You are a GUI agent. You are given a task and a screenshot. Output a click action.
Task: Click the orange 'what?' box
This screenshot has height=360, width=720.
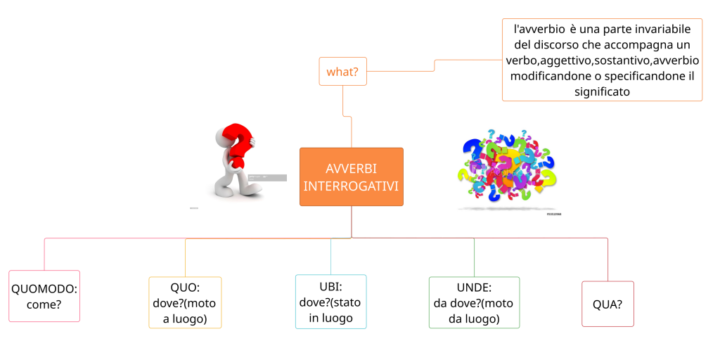(342, 71)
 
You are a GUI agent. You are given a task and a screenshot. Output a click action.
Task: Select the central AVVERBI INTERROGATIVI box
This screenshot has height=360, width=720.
(352, 176)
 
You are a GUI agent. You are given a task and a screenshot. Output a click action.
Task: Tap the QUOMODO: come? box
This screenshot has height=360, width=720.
(44, 296)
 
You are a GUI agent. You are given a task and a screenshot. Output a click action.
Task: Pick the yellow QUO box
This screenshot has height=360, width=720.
(185, 302)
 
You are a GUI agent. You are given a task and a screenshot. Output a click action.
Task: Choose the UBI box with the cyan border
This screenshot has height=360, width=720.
(330, 302)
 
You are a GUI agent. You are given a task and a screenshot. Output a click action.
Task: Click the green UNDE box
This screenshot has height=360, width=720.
(474, 302)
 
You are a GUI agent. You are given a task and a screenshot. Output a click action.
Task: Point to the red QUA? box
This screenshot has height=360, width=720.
(607, 304)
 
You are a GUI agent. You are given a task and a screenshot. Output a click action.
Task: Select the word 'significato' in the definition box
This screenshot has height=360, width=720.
(602, 91)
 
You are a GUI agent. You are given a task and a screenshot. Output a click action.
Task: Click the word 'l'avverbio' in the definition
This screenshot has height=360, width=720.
(539, 30)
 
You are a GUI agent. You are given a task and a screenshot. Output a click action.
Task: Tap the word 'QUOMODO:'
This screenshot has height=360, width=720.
(44, 288)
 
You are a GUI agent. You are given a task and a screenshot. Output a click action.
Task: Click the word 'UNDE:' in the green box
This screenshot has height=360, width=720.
(474, 288)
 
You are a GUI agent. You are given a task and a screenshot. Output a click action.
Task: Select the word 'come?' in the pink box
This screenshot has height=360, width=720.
(44, 304)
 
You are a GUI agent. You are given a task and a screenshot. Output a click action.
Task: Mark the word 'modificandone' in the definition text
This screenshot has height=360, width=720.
(546, 76)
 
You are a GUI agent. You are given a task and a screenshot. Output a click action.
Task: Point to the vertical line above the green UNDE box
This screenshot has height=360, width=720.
(474, 257)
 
